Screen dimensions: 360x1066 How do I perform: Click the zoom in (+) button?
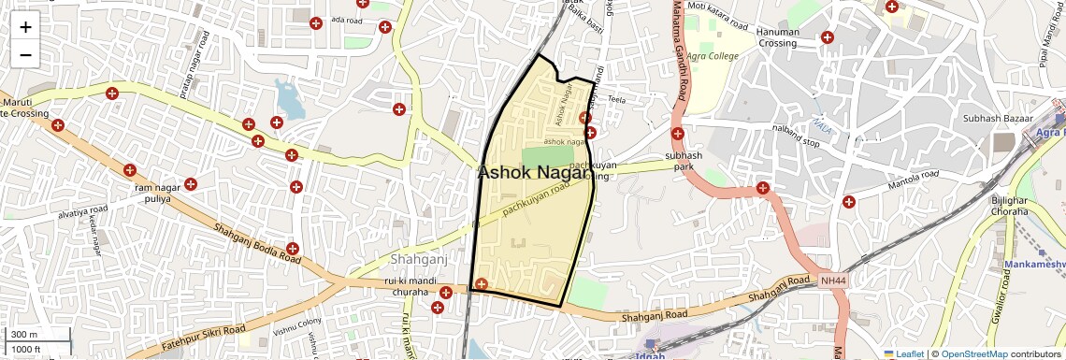click(x=25, y=27)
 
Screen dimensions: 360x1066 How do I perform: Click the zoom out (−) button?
click(x=25, y=54)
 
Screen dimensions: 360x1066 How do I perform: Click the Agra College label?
click(x=713, y=56)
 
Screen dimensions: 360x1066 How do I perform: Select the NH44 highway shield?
click(x=833, y=281)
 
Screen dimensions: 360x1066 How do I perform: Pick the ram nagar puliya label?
click(x=156, y=194)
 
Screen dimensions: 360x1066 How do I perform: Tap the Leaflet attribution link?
click(x=904, y=354)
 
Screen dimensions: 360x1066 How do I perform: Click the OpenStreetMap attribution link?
click(x=973, y=354)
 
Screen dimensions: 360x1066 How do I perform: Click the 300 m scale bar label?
click(x=24, y=335)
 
